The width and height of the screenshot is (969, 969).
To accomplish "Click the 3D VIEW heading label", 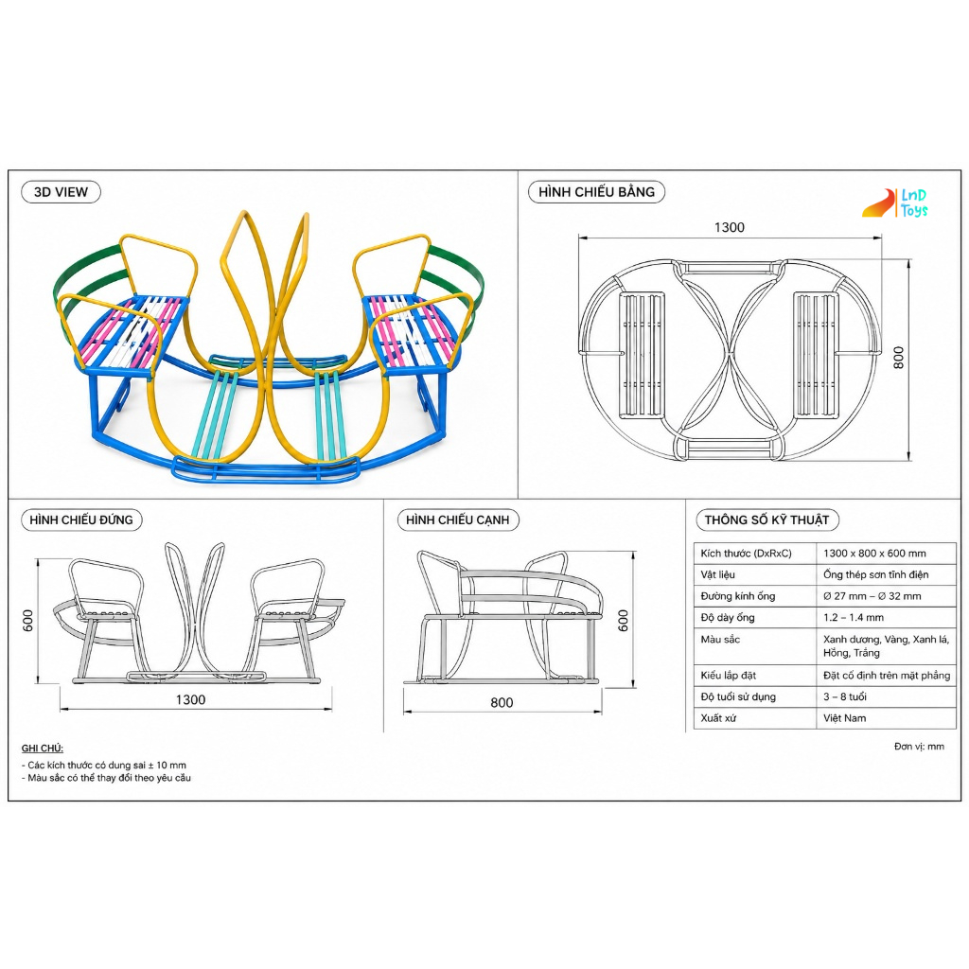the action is click(61, 192).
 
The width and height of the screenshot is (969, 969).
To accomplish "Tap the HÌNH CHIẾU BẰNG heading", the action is click(596, 192).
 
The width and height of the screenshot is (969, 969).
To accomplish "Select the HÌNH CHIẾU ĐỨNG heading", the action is click(81, 520).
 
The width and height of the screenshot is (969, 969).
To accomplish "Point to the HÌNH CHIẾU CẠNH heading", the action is click(458, 520).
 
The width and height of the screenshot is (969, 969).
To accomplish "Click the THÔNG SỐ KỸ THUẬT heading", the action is click(766, 520).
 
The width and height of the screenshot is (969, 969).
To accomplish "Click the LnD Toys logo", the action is click(896, 203).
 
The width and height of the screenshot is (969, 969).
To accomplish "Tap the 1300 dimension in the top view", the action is click(730, 227).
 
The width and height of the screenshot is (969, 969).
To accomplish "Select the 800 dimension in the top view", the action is click(899, 358).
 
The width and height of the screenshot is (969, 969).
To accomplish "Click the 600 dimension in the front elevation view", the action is click(27, 621).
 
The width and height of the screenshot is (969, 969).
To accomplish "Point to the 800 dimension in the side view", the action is click(502, 703).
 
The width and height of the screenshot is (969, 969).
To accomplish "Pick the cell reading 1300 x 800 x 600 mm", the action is click(874, 553).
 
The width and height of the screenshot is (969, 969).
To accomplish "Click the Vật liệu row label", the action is click(718, 574).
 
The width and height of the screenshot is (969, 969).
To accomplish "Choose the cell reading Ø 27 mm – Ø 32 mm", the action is click(872, 596).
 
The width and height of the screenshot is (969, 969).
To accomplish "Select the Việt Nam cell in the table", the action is click(845, 718).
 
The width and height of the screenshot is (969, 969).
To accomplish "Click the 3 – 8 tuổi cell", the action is click(845, 696).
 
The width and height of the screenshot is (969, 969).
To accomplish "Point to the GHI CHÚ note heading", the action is click(42, 749).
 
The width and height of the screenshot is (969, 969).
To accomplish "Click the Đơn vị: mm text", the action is click(919, 747).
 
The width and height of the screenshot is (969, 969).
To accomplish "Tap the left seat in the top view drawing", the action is click(643, 356).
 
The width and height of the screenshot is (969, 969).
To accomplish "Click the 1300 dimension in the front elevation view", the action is click(190, 699).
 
